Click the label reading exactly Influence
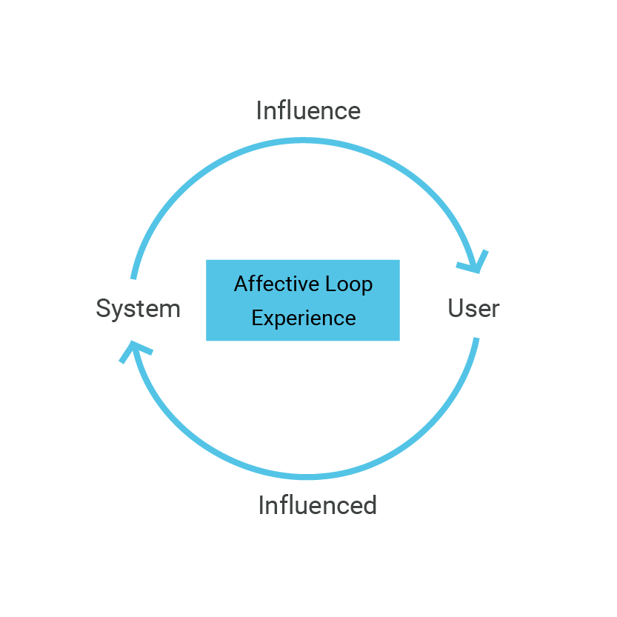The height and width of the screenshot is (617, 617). [x=308, y=110]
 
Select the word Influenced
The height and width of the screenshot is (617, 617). [x=318, y=505]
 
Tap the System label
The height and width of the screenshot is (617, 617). [x=138, y=309]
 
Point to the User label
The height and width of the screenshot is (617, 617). [x=474, y=308]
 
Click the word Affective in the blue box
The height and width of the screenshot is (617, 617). [x=276, y=283]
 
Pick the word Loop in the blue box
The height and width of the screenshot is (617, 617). [x=349, y=284]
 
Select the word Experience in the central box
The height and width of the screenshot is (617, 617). [x=304, y=318]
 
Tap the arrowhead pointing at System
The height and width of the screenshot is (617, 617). [x=134, y=351]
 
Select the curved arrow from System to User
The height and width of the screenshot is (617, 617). [x=303, y=141]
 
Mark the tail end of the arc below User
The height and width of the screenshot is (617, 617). [x=476, y=338]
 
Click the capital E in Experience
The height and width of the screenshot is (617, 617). [x=257, y=318]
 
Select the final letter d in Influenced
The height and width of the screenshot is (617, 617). [x=370, y=505]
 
